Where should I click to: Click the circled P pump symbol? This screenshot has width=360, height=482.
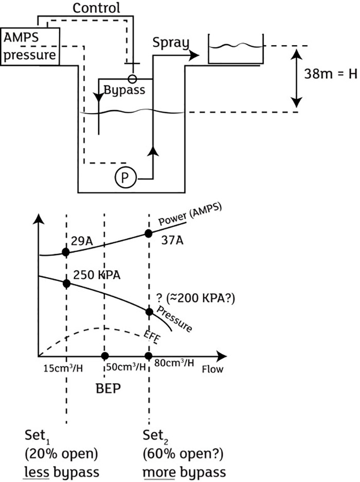(x=125, y=177)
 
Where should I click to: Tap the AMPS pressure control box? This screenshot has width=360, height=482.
(x=30, y=46)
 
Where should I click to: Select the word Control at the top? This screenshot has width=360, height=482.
(x=96, y=8)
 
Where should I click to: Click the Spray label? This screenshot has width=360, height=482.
(x=171, y=43)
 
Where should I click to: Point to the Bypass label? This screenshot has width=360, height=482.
(x=124, y=91)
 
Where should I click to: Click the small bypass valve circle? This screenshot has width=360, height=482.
(x=132, y=79)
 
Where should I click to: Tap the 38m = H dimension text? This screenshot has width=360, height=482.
(x=331, y=74)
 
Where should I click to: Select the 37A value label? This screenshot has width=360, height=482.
(x=172, y=240)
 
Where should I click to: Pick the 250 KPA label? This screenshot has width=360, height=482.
(x=97, y=275)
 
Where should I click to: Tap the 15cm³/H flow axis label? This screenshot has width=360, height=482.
(x=63, y=368)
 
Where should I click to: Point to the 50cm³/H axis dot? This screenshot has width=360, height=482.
(x=105, y=356)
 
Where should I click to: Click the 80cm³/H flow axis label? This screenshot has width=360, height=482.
(x=174, y=363)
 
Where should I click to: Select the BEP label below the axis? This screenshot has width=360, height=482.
(x=108, y=388)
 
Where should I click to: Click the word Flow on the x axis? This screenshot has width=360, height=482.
(x=212, y=369)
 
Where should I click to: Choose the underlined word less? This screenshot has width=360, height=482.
(x=37, y=472)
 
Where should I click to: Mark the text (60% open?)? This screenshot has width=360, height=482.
(x=183, y=454)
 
